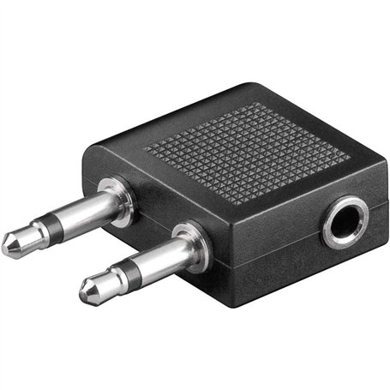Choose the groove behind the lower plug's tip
[x=105, y=285]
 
